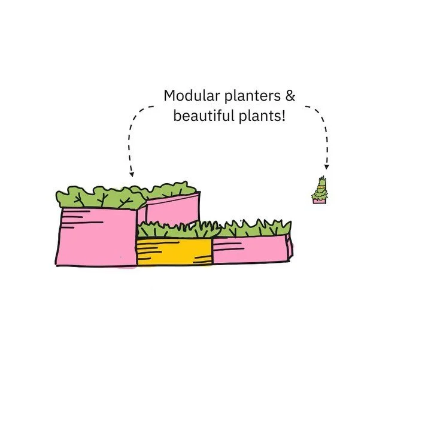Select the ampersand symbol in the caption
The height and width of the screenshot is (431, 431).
pos(290,96)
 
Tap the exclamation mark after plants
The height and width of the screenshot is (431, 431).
pos(283,115)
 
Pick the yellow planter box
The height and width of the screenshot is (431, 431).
pos(174,251)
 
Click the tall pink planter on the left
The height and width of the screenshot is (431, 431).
pos(96,236)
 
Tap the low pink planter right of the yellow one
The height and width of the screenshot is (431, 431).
pos(251,250)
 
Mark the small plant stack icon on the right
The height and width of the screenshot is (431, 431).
pos(319,192)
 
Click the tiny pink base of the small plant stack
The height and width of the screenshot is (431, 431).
pos(319,201)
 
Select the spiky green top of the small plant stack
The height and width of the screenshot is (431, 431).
pos(320,182)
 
